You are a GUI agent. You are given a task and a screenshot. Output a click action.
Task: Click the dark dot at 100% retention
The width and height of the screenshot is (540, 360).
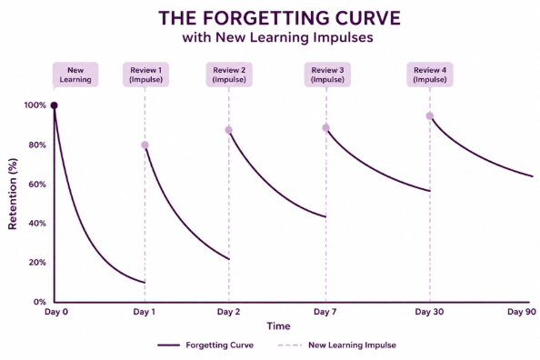54,105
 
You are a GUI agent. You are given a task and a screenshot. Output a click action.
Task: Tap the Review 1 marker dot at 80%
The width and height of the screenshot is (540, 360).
145,145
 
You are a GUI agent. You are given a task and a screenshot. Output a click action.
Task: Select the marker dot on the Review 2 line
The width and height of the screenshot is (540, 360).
229,130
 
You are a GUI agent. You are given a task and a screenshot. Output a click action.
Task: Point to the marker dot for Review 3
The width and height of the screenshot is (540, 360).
325,128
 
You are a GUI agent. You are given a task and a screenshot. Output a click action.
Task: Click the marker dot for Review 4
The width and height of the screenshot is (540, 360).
430,116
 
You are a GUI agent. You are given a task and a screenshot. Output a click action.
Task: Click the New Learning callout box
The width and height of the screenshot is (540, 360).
75,75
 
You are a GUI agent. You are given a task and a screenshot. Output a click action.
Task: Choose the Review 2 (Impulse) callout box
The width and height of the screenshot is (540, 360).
229,75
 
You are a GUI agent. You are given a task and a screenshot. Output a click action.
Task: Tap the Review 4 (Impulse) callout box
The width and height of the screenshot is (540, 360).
430,75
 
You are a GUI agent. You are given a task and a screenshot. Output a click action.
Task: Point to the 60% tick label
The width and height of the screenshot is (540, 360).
37,185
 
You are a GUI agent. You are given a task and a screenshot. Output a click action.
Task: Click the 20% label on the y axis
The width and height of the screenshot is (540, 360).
37,263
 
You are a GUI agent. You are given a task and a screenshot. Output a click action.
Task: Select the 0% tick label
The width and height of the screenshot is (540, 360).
40,302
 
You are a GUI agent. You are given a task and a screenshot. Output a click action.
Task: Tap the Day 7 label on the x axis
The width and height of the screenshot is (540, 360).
325,312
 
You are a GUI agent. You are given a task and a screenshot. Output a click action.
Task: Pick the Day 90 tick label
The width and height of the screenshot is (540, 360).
522,312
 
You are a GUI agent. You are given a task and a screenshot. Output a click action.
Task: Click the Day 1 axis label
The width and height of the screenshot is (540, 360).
144,312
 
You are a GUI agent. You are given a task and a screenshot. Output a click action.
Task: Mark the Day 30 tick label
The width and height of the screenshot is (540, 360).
429,312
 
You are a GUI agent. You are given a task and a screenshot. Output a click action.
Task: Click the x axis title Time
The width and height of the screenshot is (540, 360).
278,325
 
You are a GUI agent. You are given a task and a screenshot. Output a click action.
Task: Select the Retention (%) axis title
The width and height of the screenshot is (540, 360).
13,194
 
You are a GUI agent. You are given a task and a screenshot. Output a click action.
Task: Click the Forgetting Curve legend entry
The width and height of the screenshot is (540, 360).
205,345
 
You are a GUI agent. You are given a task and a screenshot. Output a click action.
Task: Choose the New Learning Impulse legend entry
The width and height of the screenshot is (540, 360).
337,345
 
